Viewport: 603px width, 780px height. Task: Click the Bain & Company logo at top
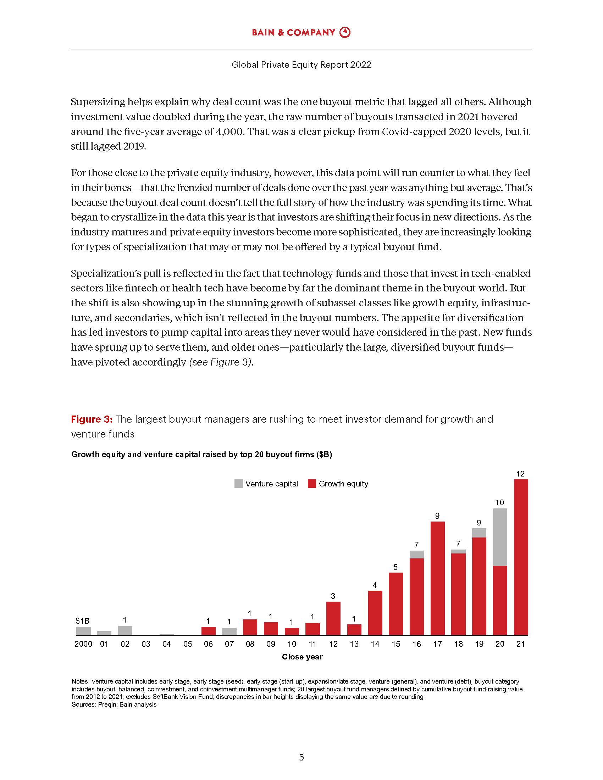[x=301, y=33]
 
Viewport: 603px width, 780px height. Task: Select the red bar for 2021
[x=520, y=557]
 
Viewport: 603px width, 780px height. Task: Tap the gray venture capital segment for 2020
[x=500, y=537]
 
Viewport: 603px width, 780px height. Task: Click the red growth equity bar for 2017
[x=437, y=578]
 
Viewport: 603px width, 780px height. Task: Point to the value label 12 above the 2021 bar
[x=520, y=474]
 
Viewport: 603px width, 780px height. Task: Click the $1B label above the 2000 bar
[x=83, y=621]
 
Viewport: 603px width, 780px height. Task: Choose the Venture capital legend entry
[x=266, y=484]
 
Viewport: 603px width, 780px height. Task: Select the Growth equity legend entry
[x=338, y=484]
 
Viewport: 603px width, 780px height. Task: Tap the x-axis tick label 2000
[x=83, y=644]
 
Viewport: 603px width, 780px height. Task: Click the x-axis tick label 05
[x=188, y=644]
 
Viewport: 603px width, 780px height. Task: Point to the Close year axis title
[x=302, y=657]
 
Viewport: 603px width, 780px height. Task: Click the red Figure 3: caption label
[x=92, y=419]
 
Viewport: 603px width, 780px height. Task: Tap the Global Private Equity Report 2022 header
[x=301, y=65]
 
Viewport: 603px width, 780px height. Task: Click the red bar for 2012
[x=333, y=619]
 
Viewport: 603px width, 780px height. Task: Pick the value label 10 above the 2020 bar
[x=499, y=502]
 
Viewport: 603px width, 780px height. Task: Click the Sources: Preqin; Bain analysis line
[x=114, y=704]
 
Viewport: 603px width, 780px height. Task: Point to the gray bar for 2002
[x=125, y=631]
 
